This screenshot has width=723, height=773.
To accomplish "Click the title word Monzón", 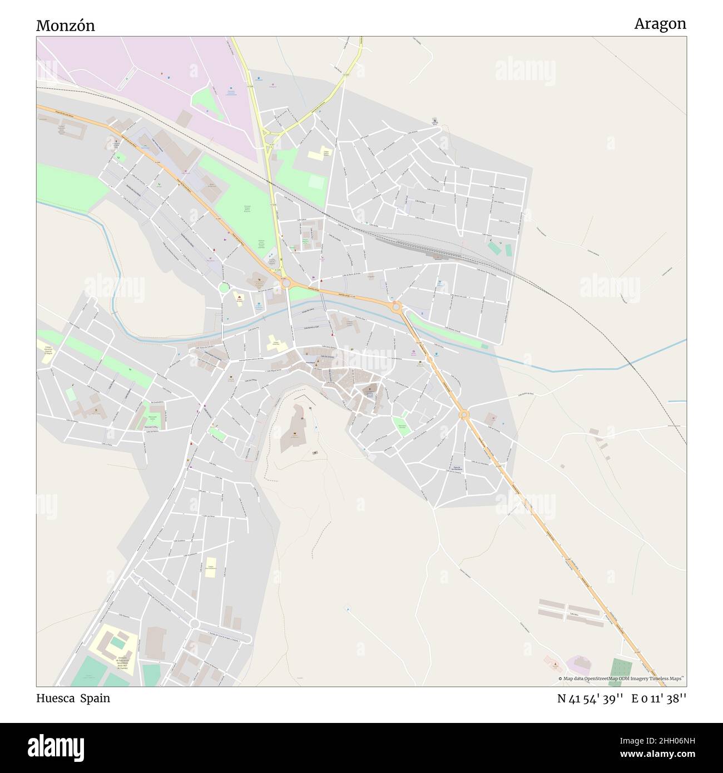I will [x=65, y=26].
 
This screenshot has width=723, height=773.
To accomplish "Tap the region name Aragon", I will [x=660, y=24].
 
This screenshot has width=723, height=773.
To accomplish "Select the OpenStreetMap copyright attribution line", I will [x=622, y=678].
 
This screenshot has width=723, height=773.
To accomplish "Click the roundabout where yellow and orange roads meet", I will [x=286, y=283].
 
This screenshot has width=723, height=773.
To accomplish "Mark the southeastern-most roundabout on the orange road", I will [x=463, y=414].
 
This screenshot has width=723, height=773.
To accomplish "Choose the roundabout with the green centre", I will [x=224, y=288].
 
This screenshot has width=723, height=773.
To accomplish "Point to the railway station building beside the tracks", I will [x=439, y=256].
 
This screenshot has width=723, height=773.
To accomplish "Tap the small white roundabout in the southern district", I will [x=194, y=623].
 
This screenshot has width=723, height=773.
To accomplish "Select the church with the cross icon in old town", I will [x=368, y=392].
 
